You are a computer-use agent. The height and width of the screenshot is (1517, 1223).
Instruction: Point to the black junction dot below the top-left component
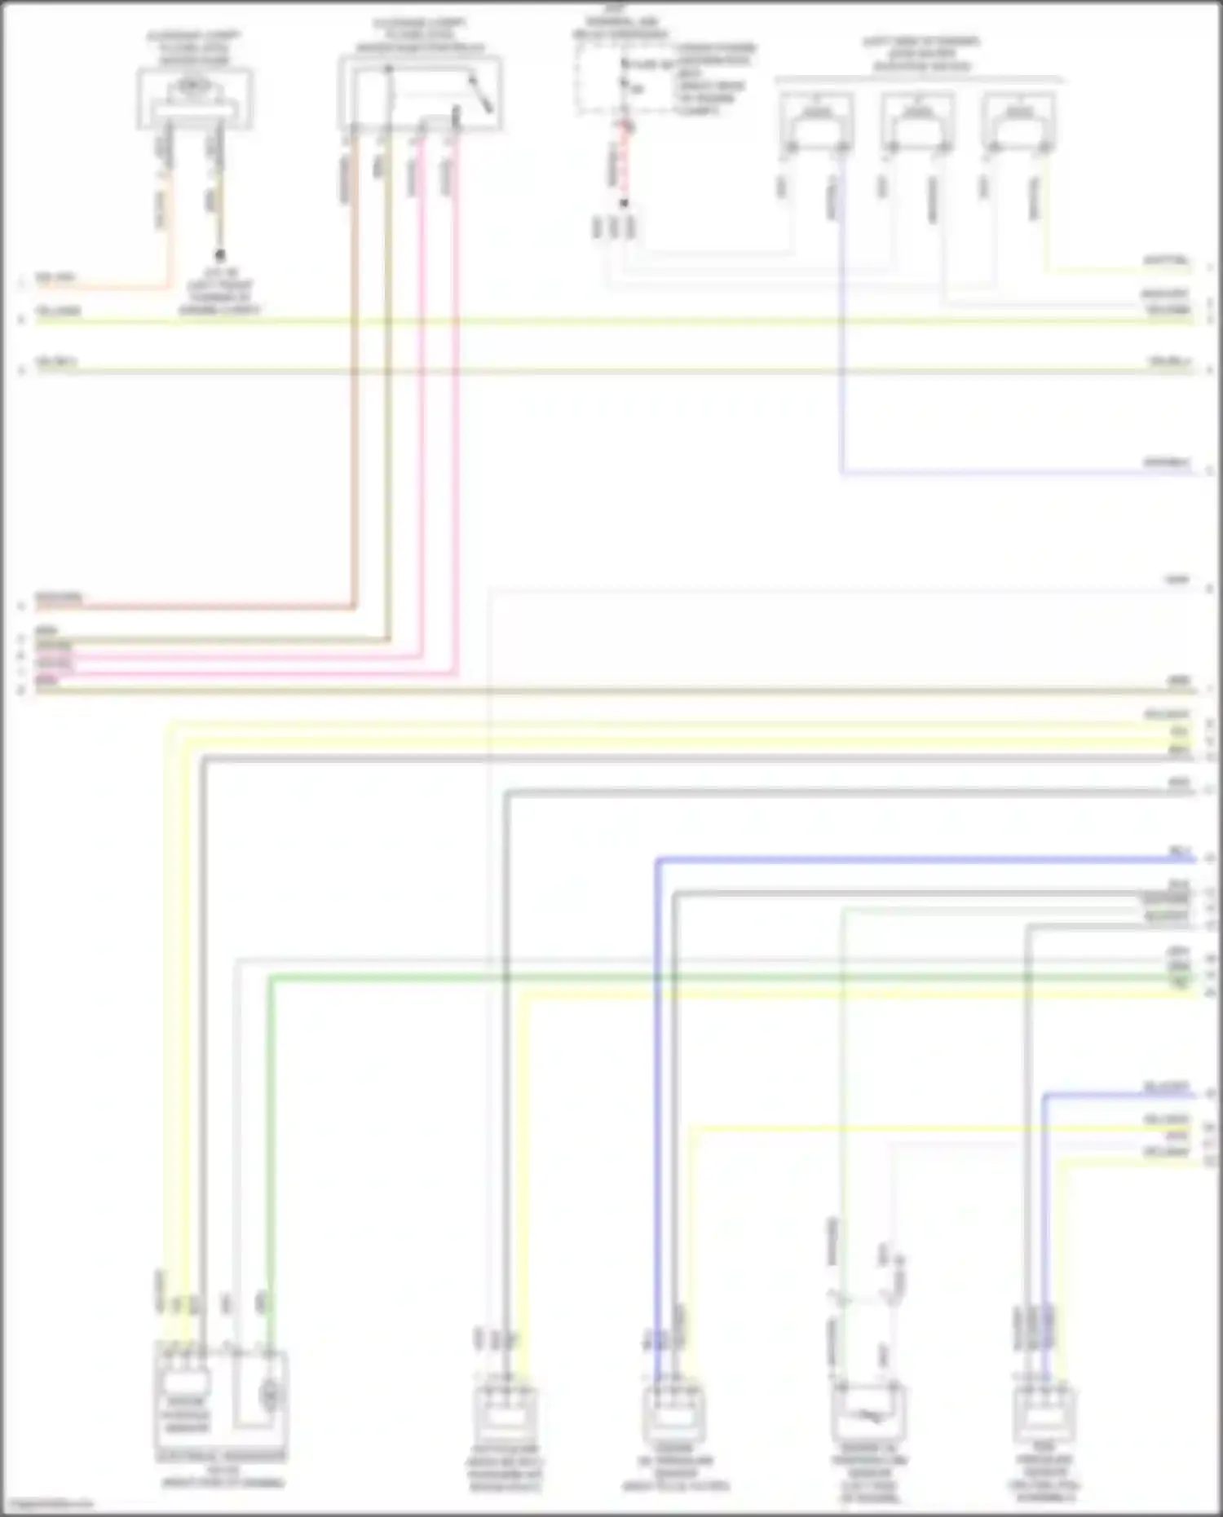click(x=219, y=255)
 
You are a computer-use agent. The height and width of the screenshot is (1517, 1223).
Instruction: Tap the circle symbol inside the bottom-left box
click(x=270, y=1396)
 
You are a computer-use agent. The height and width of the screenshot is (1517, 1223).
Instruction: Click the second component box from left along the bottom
click(x=506, y=1417)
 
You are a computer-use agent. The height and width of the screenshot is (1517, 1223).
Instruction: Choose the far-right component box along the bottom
click(x=1044, y=1417)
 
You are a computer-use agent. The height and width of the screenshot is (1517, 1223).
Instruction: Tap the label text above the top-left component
click(x=194, y=49)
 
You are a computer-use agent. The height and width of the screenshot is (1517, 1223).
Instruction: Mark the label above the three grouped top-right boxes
click(x=921, y=54)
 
